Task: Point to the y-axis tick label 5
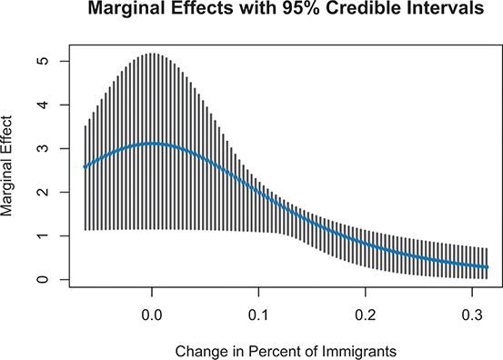[42, 61]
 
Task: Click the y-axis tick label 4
[42, 105]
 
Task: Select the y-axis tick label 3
[42, 148]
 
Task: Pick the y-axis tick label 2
[42, 192]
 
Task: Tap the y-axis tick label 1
[42, 235]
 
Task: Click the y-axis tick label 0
[42, 279]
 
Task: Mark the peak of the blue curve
[151, 143]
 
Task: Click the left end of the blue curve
[85, 166]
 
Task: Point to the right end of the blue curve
[488, 267]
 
